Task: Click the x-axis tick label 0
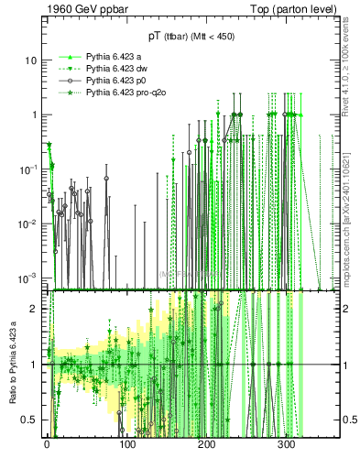(47, 443)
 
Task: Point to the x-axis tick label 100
(126, 443)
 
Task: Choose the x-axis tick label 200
(206, 443)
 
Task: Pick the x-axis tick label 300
(286, 443)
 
